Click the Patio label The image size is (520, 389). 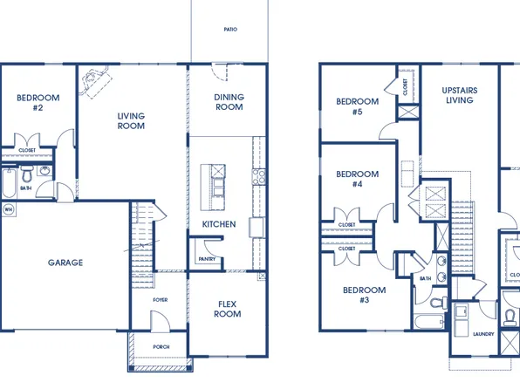(230, 30)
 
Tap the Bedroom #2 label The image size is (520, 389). (38, 103)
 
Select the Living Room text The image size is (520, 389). (131, 120)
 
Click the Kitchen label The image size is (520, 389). (219, 224)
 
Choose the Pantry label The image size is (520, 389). (207, 258)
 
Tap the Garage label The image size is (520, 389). (65, 263)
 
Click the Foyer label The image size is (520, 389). (160, 299)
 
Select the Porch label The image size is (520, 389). (161, 346)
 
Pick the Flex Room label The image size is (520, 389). (229, 309)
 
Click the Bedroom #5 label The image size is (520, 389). (357, 106)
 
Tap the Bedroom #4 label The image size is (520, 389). (356, 179)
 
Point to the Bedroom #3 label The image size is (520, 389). (363, 295)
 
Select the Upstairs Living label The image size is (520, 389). (459, 95)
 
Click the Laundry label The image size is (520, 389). (482, 334)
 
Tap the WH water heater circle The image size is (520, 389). (9, 209)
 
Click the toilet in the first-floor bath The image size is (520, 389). (28, 170)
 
